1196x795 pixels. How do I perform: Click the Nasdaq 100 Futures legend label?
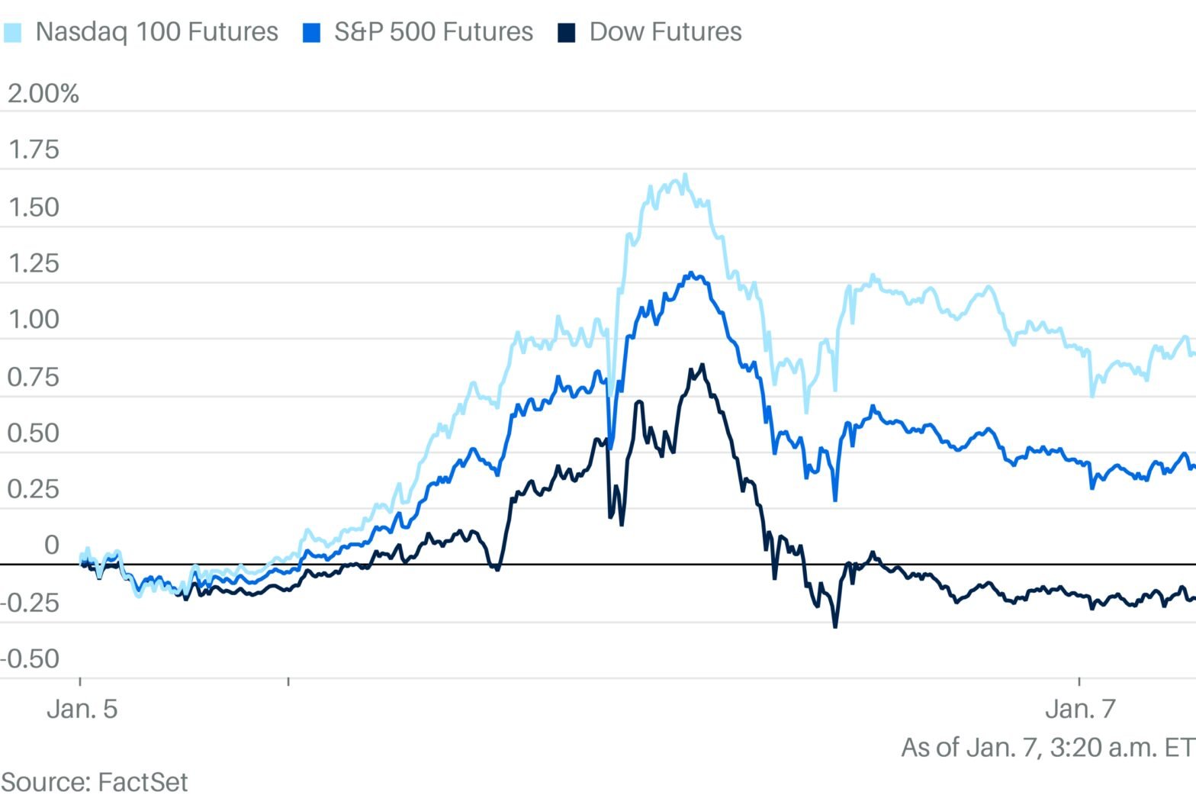[x=156, y=32]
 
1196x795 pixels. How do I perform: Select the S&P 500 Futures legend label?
[x=433, y=32]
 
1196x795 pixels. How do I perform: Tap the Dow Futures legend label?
[x=665, y=32]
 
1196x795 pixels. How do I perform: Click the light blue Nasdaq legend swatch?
[x=13, y=33]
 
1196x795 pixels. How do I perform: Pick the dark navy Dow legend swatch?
[x=566, y=33]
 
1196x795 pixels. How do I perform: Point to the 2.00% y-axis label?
[x=43, y=94]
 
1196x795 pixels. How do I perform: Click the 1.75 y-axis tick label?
[x=34, y=150]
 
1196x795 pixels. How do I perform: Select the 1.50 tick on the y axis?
[x=34, y=208]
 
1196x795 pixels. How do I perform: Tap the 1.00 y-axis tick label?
[x=34, y=320]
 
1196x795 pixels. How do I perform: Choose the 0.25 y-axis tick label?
[x=34, y=489]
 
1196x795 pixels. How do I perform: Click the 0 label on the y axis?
[x=52, y=545]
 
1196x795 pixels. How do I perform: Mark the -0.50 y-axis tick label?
[x=31, y=658]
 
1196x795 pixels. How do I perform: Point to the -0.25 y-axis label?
[x=31, y=603]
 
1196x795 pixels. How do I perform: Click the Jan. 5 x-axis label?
[x=82, y=709]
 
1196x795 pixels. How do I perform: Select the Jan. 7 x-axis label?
[x=1080, y=709]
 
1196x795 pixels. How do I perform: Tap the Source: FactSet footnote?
[x=95, y=782]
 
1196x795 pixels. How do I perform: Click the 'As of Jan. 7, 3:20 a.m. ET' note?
[x=1048, y=747]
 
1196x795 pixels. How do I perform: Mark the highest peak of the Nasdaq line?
[x=685, y=175]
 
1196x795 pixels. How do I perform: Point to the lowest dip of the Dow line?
[x=835, y=626]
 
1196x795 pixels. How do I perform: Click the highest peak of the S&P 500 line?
[x=691, y=272]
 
